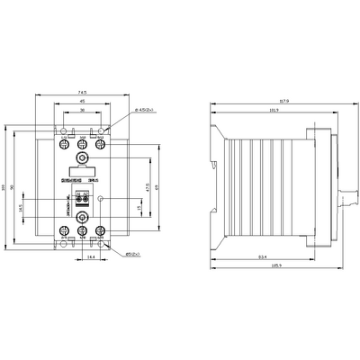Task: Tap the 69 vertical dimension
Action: point(158,186)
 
